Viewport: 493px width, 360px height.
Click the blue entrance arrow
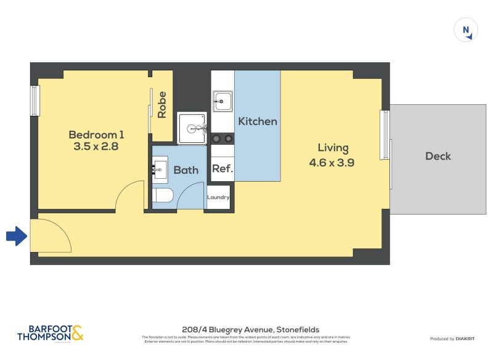point(16,235)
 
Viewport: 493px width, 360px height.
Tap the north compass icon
point(466,30)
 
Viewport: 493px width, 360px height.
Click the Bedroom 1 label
point(96,134)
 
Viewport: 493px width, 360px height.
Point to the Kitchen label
point(258,121)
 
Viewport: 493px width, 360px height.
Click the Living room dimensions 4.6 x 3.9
point(333,163)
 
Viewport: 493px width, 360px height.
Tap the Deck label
point(438,156)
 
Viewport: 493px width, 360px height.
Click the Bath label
point(185,170)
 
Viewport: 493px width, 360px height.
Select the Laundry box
point(218,197)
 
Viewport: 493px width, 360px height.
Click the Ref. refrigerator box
point(222,169)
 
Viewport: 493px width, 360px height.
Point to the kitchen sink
point(222,101)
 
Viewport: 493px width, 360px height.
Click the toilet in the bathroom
point(163,196)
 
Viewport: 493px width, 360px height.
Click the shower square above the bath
point(192,128)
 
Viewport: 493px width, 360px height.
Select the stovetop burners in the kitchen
point(222,139)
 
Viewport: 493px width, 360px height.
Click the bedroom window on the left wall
point(35,100)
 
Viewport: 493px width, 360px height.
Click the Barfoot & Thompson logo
point(50,333)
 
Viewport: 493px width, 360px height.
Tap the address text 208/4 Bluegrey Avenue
point(250,330)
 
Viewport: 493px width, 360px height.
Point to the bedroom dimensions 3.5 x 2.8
point(96,147)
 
